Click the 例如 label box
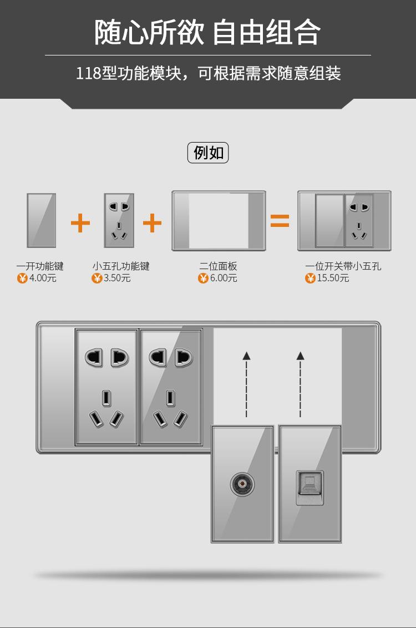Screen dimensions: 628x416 tap(208, 153)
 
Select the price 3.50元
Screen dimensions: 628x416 tap(117, 278)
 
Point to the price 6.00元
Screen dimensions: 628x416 tap(224, 278)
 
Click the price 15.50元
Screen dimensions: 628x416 tap(333, 278)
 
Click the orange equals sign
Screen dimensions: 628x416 tap(280, 221)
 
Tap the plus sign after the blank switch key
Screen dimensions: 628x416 tap(80, 223)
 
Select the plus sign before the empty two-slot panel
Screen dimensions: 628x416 tap(153, 223)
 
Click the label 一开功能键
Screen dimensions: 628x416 tap(40, 266)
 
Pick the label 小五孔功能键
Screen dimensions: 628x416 tap(121, 266)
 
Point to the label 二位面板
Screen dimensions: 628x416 tap(219, 266)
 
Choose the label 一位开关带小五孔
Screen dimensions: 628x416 tap(343, 266)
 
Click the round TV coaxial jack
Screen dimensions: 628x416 tap(242, 484)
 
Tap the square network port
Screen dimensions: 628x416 tap(310, 487)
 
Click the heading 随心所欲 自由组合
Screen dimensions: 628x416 tap(208, 32)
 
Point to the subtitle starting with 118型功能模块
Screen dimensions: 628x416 tap(208, 73)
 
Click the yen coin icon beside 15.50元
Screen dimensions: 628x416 tap(310, 278)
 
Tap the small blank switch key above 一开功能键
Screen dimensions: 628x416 tap(42, 220)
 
